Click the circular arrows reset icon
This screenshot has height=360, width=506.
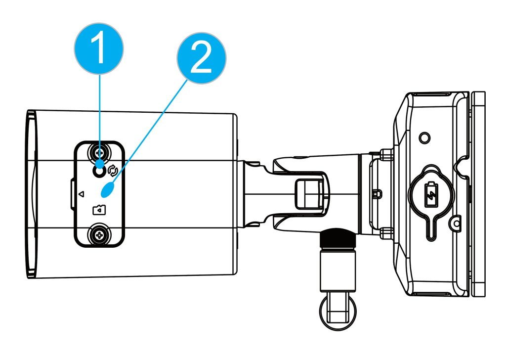[x=112, y=171]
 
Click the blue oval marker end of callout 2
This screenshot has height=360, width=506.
[x=109, y=189]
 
